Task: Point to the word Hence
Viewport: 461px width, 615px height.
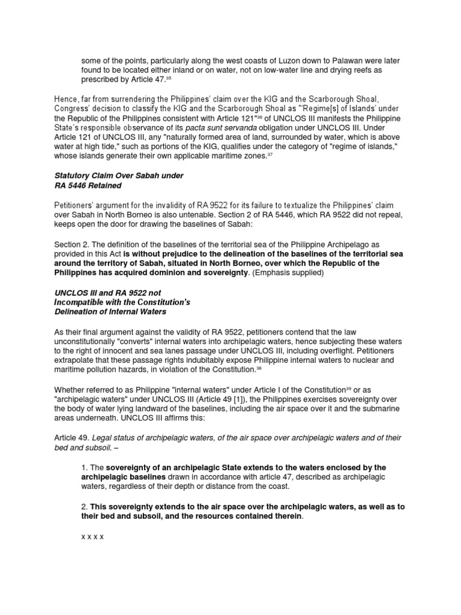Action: [66, 98]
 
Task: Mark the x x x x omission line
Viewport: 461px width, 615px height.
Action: [92, 536]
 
